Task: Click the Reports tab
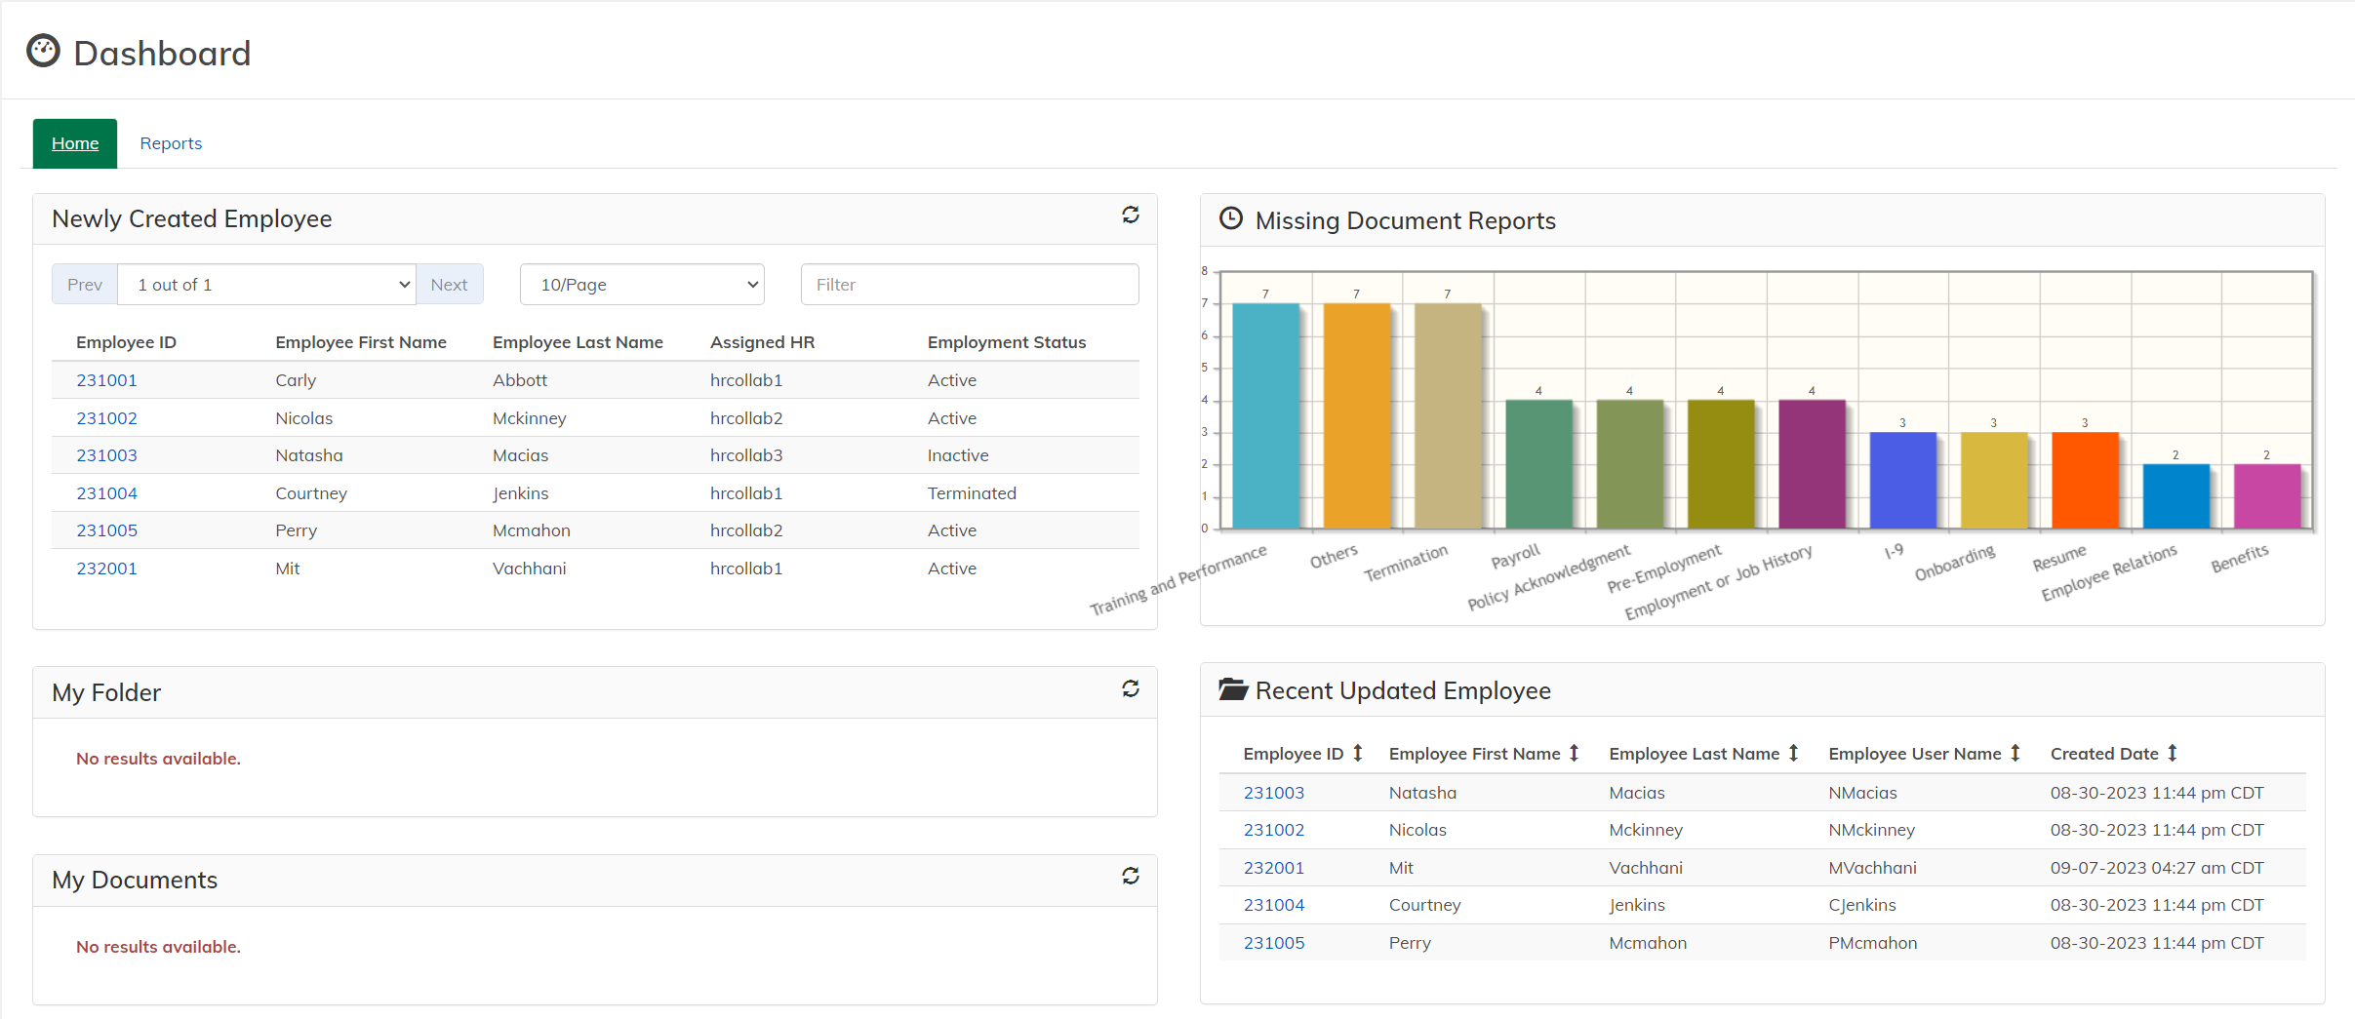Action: tap(171, 143)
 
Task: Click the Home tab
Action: tap(75, 143)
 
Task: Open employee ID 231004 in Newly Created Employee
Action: tap(106, 493)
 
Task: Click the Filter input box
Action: tap(969, 285)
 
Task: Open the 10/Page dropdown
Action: tap(641, 285)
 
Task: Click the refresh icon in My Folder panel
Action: tap(1130, 689)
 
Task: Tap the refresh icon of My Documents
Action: tap(1130, 877)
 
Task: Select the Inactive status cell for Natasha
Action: tap(957, 455)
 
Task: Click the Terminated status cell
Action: tap(971, 493)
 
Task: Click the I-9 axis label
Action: tap(1893, 551)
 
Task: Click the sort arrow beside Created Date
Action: tap(2173, 754)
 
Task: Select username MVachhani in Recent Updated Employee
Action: tap(1871, 868)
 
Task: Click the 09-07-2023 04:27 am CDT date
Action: tap(2156, 868)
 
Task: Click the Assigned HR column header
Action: tap(762, 342)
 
